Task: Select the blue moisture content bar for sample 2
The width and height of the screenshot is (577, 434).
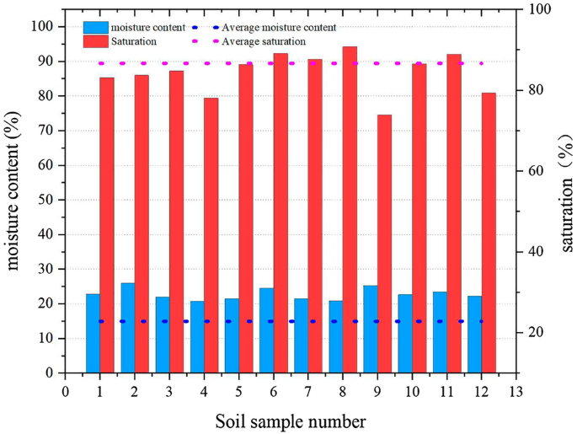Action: [x=128, y=328]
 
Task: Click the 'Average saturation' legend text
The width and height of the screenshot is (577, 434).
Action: [x=263, y=40]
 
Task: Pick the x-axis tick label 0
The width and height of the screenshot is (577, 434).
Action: [x=65, y=391]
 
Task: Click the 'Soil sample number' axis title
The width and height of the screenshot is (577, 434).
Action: [x=290, y=420]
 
